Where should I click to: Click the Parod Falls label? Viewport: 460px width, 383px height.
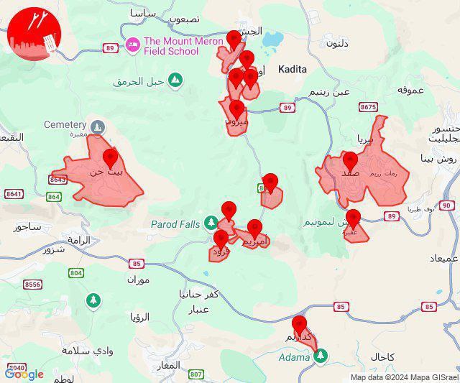click(175, 224)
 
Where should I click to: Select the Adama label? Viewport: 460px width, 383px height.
click(295, 356)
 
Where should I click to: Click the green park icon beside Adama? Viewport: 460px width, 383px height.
click(321, 355)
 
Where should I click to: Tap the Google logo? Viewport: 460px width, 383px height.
click(24, 374)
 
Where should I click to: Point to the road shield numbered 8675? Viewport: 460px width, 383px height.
click(368, 107)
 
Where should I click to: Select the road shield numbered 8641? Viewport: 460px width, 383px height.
click(14, 194)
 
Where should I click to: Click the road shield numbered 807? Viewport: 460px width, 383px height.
click(196, 374)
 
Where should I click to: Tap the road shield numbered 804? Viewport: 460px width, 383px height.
click(76, 273)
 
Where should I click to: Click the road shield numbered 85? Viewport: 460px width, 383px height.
click(341, 307)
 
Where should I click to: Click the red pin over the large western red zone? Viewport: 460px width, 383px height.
click(110, 157)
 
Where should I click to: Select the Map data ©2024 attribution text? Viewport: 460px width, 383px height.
click(403, 377)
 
